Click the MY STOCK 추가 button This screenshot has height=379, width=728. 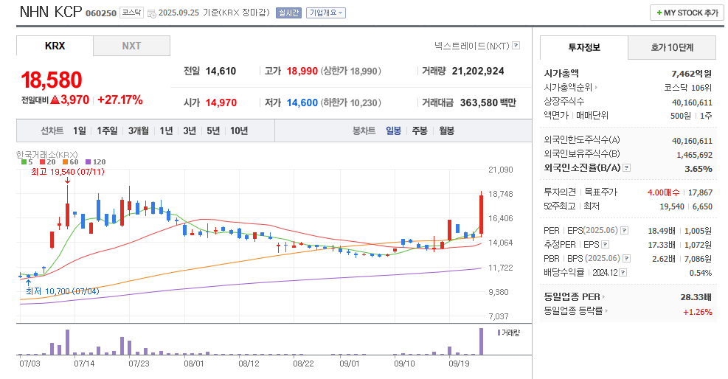(x=687, y=13)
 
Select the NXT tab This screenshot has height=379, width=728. (x=131, y=46)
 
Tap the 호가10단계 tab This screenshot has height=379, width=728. (x=672, y=47)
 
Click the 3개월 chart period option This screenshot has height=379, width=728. (x=138, y=131)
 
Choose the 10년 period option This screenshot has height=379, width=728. (x=239, y=131)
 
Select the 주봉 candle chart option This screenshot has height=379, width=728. (x=420, y=131)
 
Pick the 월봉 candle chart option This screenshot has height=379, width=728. (x=446, y=131)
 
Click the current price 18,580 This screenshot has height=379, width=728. (x=52, y=80)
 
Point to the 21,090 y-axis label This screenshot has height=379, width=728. (x=500, y=170)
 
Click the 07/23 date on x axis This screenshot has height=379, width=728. (x=139, y=364)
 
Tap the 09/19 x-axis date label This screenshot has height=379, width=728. (x=460, y=364)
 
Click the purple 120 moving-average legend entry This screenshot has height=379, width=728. (x=95, y=161)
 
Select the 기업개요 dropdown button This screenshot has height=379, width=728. (x=326, y=13)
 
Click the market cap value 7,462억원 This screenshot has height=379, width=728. (x=692, y=73)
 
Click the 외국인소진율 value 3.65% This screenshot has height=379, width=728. (x=698, y=168)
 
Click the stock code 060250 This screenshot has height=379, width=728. (x=101, y=13)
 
